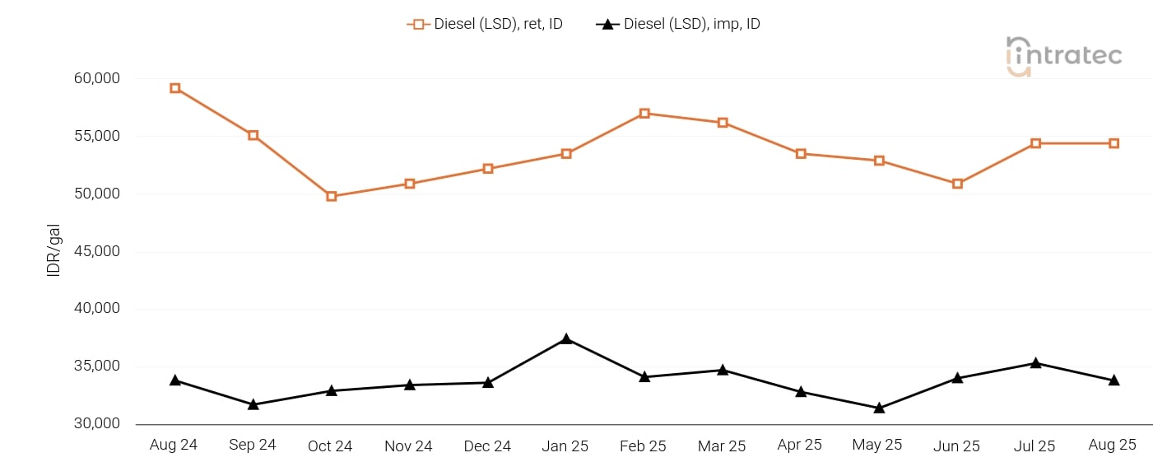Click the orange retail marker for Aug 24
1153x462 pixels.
[175, 88]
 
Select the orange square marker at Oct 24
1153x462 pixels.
[332, 196]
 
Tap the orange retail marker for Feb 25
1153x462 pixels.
[644, 114]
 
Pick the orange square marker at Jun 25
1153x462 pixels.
[957, 184]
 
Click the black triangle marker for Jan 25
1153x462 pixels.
[566, 339]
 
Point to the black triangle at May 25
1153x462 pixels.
[879, 408]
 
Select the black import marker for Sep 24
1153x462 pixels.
[253, 404]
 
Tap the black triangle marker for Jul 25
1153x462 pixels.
[1035, 363]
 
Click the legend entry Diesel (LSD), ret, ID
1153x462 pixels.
[485, 24]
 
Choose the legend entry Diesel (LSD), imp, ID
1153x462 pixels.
[678, 24]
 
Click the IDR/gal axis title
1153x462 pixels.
[53, 250]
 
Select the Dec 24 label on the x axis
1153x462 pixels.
[487, 446]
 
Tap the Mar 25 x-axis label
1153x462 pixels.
[722, 446]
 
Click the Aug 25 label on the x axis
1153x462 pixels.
[1112, 445]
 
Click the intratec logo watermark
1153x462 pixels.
[1063, 56]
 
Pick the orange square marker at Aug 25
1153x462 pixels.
[1113, 143]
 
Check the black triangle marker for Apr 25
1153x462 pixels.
[801, 392]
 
